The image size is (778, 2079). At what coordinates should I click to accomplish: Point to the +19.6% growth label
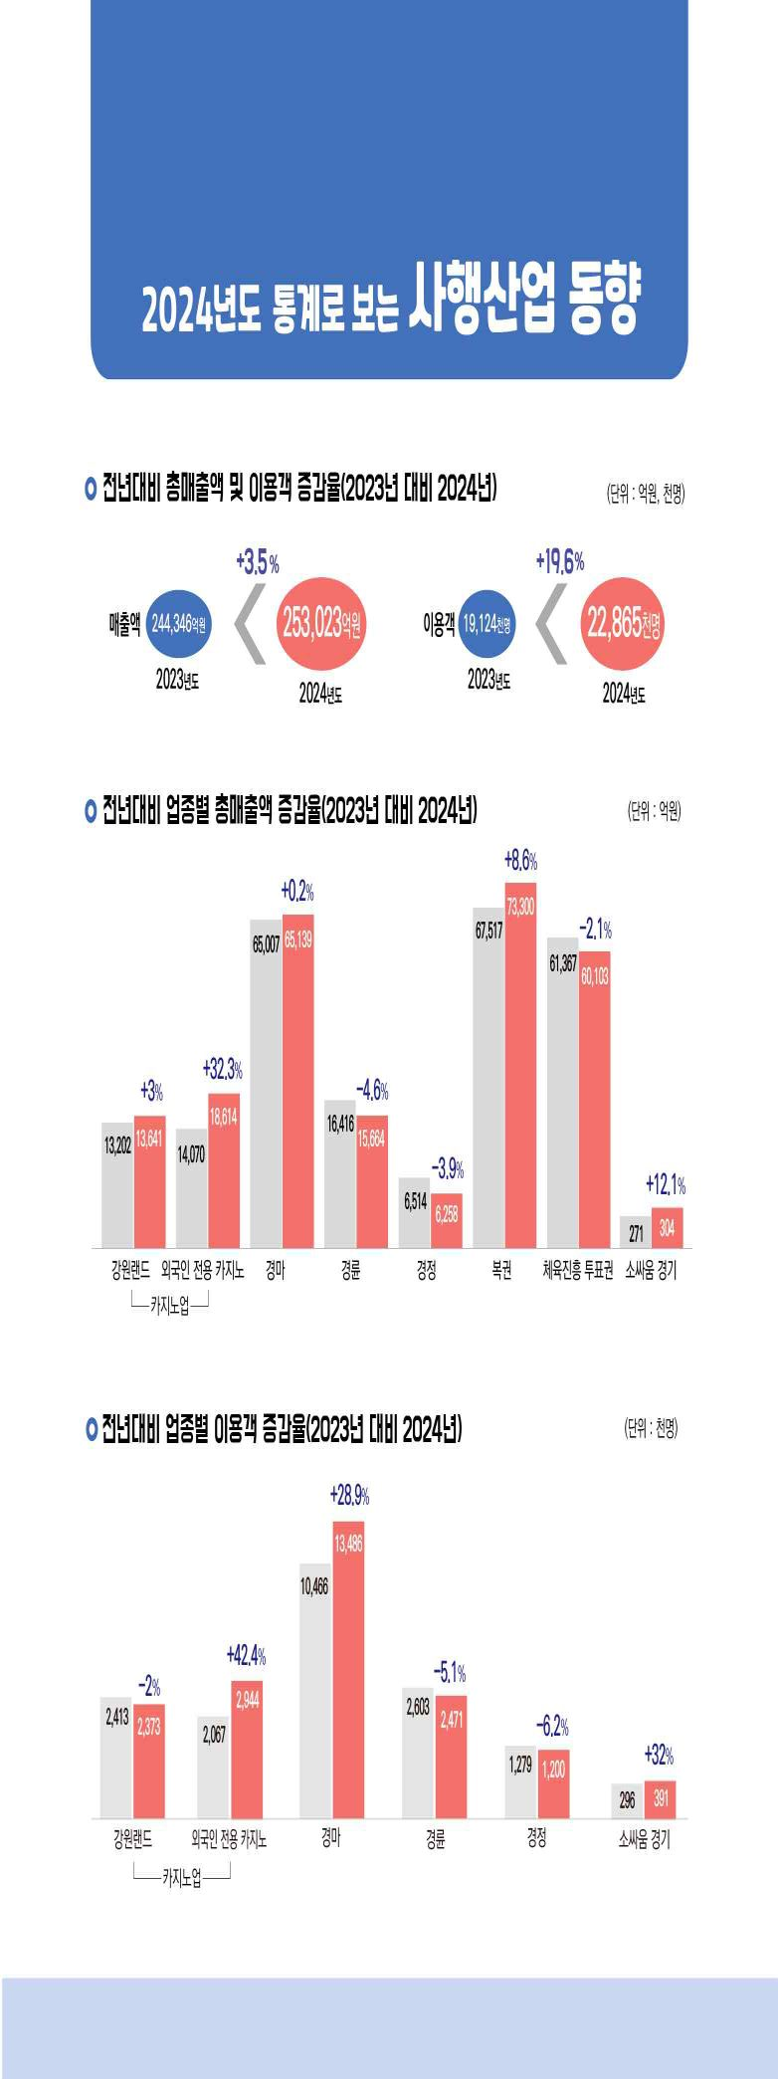(x=559, y=561)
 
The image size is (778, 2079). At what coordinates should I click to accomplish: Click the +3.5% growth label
(x=257, y=563)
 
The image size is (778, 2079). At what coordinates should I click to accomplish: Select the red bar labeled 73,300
(x=520, y=1065)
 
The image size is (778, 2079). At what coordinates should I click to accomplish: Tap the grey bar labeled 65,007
(x=266, y=1085)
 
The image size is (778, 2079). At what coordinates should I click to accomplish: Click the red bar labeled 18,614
(x=223, y=1170)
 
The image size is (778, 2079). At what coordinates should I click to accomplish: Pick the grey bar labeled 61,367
(x=563, y=1095)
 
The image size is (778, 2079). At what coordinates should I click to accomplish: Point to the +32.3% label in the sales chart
(x=222, y=1070)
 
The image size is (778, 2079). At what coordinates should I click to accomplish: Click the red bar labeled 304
(x=667, y=1228)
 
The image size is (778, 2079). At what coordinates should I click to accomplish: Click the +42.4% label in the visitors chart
(x=246, y=1656)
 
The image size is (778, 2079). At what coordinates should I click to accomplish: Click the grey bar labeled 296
(x=627, y=1802)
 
